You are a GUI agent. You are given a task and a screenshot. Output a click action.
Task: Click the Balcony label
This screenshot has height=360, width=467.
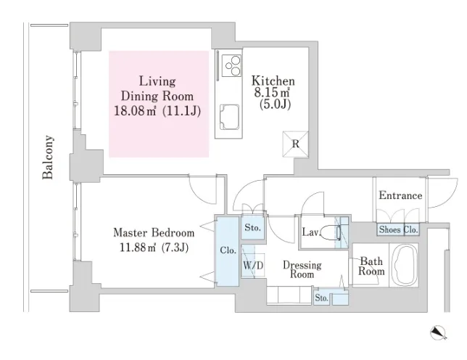[48, 157]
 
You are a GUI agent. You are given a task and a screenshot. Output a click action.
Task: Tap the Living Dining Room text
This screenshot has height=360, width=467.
[157, 89]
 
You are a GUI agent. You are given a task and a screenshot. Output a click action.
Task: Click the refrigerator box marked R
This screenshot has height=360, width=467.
[295, 144]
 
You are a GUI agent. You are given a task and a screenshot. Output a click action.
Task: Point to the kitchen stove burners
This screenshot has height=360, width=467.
[232, 66]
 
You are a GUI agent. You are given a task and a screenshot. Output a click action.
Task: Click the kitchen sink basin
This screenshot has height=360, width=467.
[229, 117]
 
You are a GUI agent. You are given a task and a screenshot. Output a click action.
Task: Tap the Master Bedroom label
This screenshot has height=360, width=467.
[154, 232]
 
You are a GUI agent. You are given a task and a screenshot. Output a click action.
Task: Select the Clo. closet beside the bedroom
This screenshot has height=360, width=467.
[228, 251]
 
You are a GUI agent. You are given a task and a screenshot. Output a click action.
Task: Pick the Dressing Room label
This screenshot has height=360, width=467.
[302, 269]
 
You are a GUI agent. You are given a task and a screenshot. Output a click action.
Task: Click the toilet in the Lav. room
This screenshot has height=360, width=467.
[331, 232]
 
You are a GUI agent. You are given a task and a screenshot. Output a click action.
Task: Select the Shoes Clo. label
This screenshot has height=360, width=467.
[399, 229]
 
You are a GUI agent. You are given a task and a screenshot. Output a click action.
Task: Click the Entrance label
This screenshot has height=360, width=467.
[400, 195]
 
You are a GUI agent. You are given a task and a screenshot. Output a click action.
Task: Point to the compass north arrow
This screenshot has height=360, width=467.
[439, 332]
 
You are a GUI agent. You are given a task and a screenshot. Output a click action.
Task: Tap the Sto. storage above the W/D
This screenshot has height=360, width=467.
[252, 228]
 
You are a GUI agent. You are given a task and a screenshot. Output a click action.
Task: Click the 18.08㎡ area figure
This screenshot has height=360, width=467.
[135, 111]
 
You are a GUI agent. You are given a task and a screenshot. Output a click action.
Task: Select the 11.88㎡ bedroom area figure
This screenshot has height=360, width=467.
[138, 247]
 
